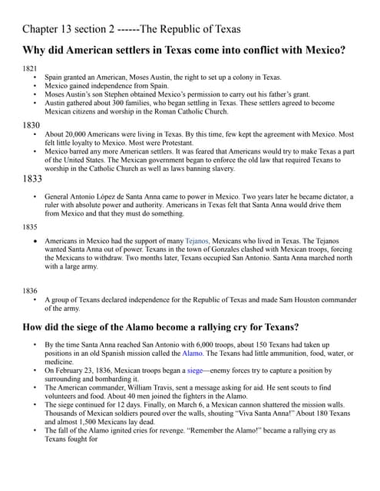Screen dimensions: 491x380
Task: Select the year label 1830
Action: [x=31, y=123]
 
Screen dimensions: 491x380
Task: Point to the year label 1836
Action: [x=30, y=291]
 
